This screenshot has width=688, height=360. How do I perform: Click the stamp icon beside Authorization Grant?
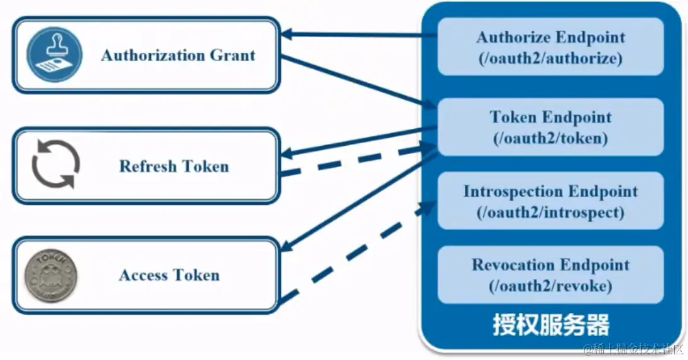tap(54, 55)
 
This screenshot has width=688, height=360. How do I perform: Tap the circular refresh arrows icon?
tap(56, 165)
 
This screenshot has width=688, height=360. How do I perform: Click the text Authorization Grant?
tap(178, 55)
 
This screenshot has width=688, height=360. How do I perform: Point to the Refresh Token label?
tap(174, 166)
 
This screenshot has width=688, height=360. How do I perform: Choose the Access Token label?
tap(169, 275)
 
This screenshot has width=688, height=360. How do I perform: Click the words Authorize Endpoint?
tap(550, 37)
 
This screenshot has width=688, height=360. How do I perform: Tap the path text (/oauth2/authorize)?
tap(550, 58)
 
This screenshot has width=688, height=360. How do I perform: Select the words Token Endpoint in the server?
tap(550, 117)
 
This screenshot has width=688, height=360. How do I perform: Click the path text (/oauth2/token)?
tap(550, 138)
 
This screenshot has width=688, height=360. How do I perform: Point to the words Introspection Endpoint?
tap(550, 191)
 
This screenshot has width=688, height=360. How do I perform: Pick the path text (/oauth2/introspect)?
tap(550, 212)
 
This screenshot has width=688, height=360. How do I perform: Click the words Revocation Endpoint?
tap(550, 265)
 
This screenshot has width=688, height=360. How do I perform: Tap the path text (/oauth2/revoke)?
tap(550, 286)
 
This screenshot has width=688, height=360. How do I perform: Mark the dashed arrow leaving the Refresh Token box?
tap(352, 161)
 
